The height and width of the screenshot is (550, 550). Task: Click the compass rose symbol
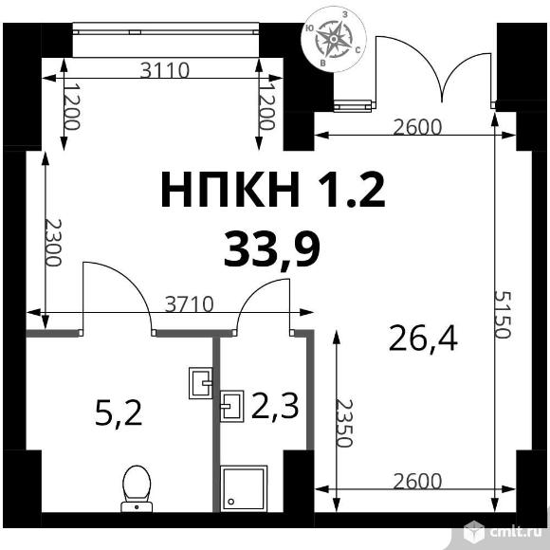pyautogui.click(x=334, y=39)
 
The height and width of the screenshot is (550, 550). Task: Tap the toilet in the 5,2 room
pyautogui.click(x=137, y=489)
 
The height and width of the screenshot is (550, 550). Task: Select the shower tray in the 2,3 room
pyautogui.click(x=244, y=488)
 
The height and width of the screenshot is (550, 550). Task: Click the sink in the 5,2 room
pyautogui.click(x=201, y=383)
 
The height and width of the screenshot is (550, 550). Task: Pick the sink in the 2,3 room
pyautogui.click(x=232, y=406)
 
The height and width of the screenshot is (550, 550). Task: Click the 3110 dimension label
pyautogui.click(x=165, y=70)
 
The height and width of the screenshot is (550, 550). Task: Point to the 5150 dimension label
pyautogui.click(x=503, y=314)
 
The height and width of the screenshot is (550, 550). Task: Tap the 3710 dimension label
pyautogui.click(x=189, y=304)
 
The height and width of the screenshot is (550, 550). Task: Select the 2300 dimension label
pyautogui.click(x=53, y=243)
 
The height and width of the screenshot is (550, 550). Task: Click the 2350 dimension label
pyautogui.click(x=343, y=423)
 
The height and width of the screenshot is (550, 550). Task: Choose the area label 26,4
pyautogui.click(x=423, y=339)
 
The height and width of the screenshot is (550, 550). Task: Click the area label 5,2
pyautogui.click(x=119, y=413)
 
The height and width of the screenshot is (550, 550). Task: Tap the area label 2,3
pyautogui.click(x=275, y=406)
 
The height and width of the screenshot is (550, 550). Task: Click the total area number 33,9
pyautogui.click(x=272, y=248)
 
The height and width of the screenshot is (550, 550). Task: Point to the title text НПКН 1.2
pyautogui.click(x=273, y=190)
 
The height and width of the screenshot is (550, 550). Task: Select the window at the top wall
pyautogui.click(x=166, y=28)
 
